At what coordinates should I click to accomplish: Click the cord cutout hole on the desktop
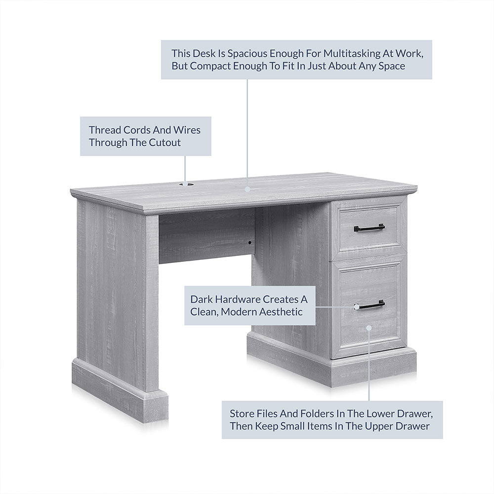(186, 184)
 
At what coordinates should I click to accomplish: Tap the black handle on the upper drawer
(369, 227)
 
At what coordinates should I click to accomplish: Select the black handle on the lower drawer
(369, 305)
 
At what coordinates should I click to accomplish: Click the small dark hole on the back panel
(249, 243)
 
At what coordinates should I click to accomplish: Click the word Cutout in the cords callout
(165, 142)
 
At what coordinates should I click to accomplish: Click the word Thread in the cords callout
(105, 130)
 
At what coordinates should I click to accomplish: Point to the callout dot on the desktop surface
(247, 189)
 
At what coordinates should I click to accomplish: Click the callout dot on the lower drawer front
(369, 328)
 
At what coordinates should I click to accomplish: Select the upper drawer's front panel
(369, 228)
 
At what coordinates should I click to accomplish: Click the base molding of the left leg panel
(120, 390)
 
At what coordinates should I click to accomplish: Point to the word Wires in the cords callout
(187, 130)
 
